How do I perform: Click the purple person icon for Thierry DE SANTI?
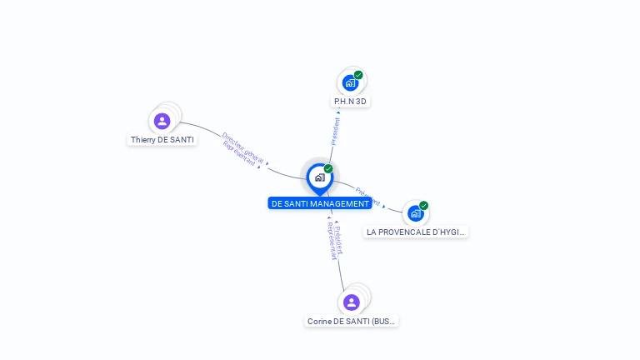pyautogui.click(x=162, y=122)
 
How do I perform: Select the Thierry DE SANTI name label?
pyautogui.click(x=162, y=140)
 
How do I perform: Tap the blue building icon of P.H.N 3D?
pyautogui.click(x=350, y=82)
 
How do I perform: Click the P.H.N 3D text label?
pyautogui.click(x=350, y=102)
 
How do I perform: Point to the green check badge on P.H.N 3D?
pyautogui.click(x=358, y=75)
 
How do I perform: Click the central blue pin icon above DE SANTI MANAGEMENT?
pyautogui.click(x=319, y=177)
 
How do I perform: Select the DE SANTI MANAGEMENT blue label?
pyautogui.click(x=320, y=203)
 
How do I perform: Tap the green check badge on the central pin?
pyautogui.click(x=328, y=168)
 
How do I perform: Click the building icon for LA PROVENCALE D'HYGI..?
pyautogui.click(x=415, y=213)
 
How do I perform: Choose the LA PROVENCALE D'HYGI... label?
pyautogui.click(x=416, y=232)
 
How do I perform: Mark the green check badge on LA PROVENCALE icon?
pyautogui.click(x=423, y=205)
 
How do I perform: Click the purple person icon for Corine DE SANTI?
pyautogui.click(x=351, y=302)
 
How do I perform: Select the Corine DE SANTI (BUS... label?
pyautogui.click(x=351, y=321)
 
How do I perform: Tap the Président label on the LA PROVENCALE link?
pyautogui.click(x=367, y=197)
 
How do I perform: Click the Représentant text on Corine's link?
pyautogui.click(x=332, y=241)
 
